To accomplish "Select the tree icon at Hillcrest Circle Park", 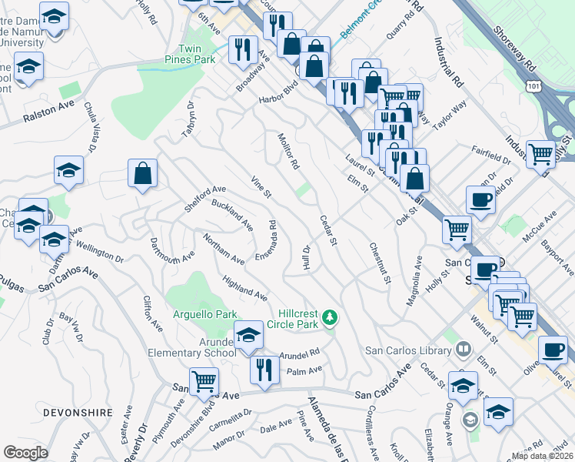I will point(330,316).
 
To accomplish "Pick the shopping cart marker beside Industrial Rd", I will point(540,153).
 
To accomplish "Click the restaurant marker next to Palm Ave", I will point(261,371).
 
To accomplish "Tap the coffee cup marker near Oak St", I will point(481,200).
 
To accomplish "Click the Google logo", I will point(25,453).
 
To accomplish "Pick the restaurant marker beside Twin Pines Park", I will point(243,51).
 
